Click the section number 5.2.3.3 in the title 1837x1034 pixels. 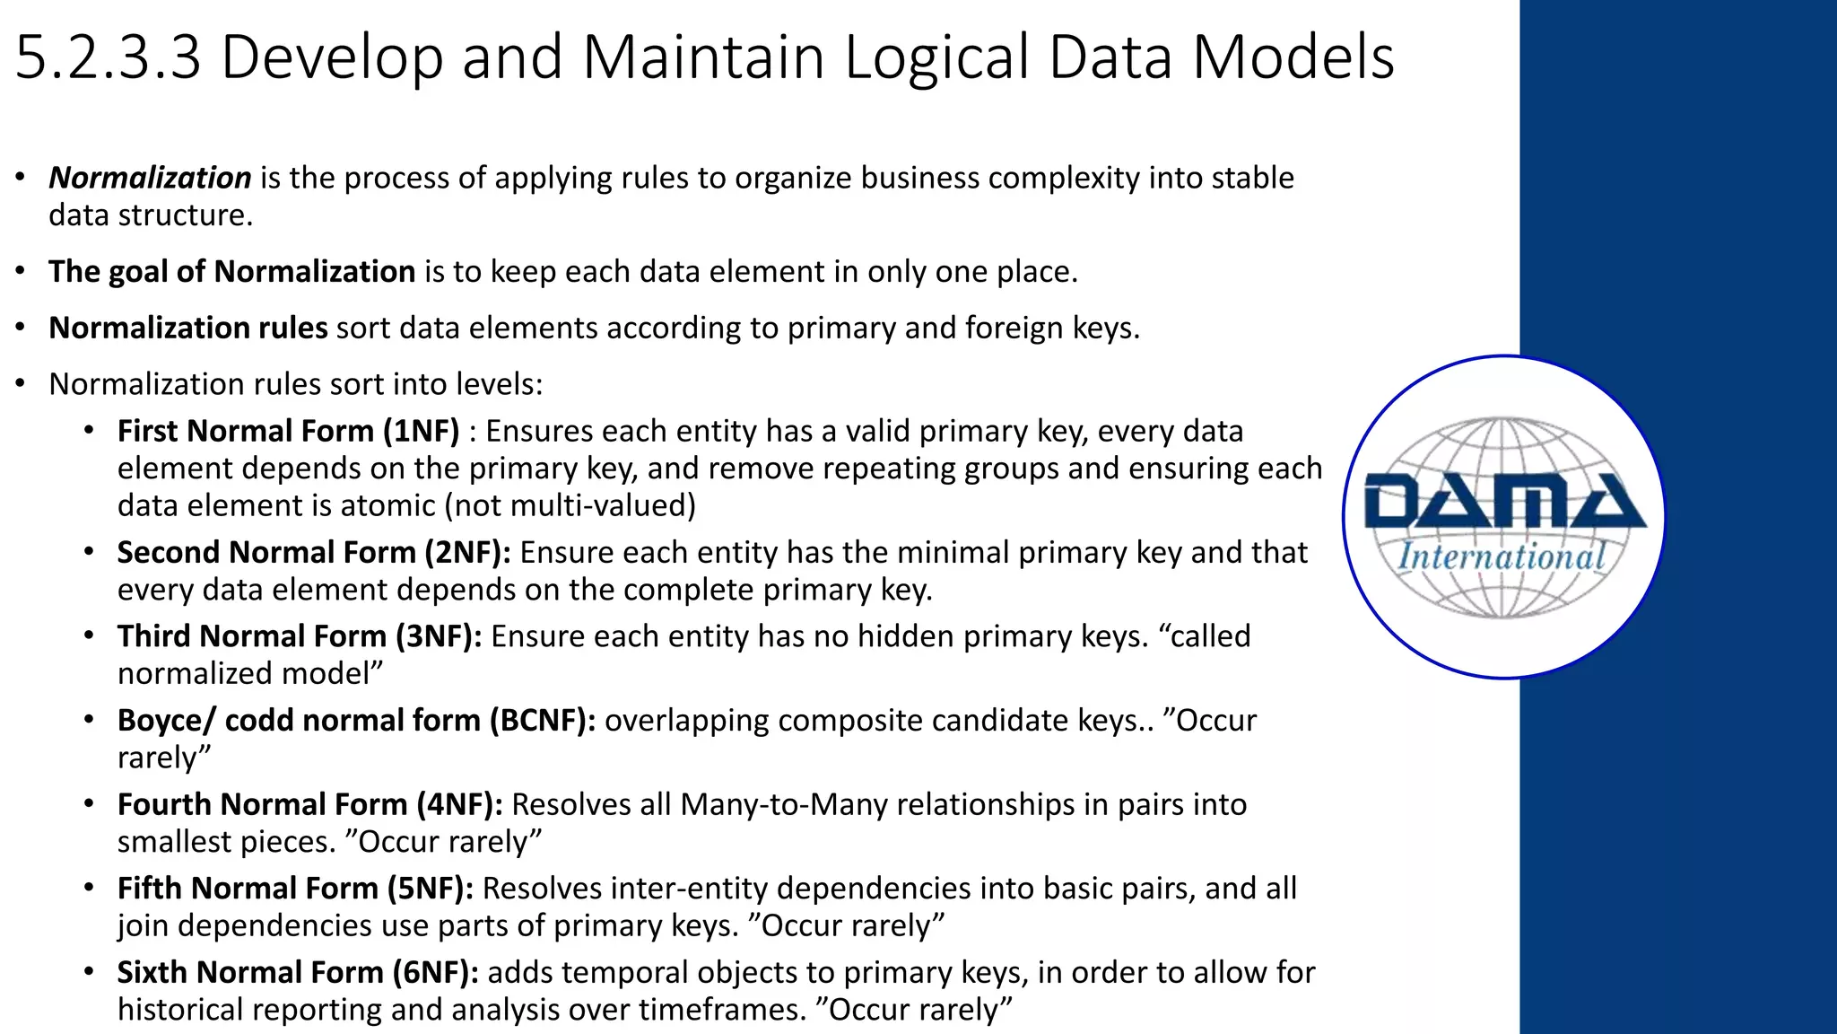click(108, 57)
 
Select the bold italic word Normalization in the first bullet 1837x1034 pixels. click(150, 178)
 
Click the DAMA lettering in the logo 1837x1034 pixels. click(1504, 502)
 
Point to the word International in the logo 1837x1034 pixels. click(1502, 556)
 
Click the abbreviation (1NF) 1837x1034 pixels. click(421, 432)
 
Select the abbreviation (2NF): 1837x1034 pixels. click(467, 553)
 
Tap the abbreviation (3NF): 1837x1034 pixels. click(439, 636)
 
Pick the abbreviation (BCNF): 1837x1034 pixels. click(543, 721)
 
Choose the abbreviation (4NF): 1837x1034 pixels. click(459, 804)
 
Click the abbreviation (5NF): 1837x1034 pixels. click(431, 889)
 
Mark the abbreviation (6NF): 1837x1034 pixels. click(435, 972)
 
